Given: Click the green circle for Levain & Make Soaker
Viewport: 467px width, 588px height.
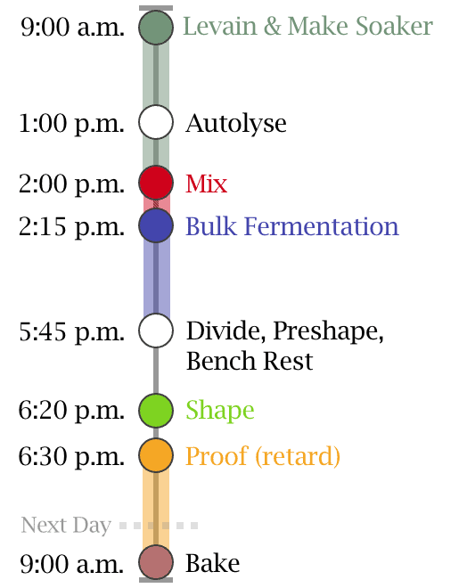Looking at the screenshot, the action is (156, 28).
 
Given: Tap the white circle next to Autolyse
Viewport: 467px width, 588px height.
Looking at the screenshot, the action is (156, 122).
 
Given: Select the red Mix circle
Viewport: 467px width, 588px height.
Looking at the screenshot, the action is (156, 183).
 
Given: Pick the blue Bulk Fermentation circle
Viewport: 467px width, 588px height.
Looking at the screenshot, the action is (156, 225).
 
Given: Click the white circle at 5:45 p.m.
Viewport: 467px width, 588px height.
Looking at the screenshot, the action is (156, 331).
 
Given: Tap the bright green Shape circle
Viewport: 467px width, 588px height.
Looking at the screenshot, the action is (156, 410).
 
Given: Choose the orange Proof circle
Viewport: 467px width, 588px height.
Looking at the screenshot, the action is (156, 455).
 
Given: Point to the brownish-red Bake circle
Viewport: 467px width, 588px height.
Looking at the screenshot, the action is (156, 562).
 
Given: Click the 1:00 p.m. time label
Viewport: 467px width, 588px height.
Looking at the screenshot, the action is (71, 124).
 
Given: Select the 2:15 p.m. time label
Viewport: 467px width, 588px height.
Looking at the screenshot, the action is (71, 227).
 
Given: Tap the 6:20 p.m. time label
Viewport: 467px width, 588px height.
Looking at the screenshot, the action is (71, 411).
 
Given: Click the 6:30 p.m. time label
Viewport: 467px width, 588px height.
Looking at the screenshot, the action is (71, 457).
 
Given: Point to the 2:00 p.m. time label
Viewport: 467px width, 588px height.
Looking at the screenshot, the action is (71, 184).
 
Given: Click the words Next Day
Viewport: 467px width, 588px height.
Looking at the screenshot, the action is (66, 525).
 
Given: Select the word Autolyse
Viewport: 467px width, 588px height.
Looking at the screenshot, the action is (236, 124).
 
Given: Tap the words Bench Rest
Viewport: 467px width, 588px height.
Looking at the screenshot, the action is (250, 361).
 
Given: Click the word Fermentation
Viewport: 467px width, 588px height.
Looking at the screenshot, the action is (321, 226).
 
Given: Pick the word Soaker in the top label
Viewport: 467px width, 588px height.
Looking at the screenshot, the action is (394, 26).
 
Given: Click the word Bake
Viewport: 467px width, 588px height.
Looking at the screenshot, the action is (213, 563).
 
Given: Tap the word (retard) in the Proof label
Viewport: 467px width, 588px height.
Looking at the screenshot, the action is (298, 456).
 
